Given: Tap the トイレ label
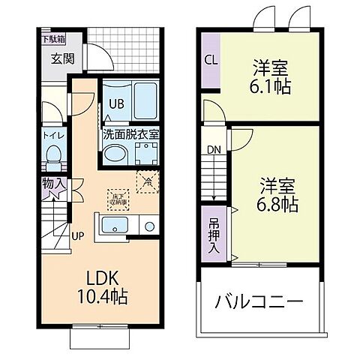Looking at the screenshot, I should [x=52, y=136].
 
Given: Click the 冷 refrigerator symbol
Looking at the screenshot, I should [x=147, y=180].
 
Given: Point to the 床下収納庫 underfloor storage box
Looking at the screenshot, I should [x=118, y=196].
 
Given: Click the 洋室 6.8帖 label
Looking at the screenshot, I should [x=278, y=193].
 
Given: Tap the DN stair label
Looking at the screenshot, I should [x=213, y=148].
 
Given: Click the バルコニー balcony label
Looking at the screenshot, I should [x=259, y=303].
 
